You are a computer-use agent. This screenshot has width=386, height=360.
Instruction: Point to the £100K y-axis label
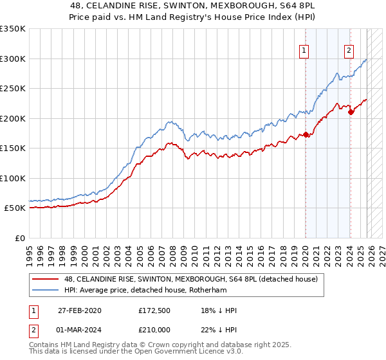(x=13, y=179)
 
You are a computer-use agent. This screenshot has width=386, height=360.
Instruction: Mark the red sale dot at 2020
(x=306, y=135)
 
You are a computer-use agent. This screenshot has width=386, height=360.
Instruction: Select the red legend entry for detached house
(x=190, y=279)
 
